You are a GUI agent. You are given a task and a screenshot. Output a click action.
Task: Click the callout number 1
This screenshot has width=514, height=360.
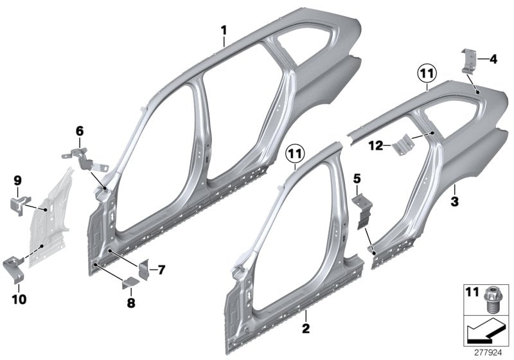(x=224, y=30)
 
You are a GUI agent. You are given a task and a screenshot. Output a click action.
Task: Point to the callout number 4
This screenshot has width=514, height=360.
(x=492, y=60)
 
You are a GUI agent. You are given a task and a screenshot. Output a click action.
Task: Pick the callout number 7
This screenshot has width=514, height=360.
(x=161, y=270)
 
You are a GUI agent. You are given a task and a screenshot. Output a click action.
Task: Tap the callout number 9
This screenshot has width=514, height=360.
(x=18, y=181)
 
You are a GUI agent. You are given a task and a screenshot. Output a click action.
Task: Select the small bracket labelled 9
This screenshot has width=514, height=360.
(x=19, y=203)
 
